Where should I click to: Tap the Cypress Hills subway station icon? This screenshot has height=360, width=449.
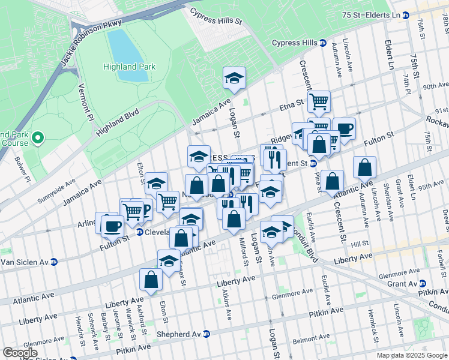tap(322, 43)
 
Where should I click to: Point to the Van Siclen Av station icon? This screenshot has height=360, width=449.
tap(53, 262)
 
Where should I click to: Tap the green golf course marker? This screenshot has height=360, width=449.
tap(37, 139)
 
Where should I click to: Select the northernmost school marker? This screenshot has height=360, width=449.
tap(234, 77)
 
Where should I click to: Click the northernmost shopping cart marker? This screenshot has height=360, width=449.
tap(319, 100)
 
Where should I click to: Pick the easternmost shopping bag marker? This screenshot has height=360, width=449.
tap(364, 167)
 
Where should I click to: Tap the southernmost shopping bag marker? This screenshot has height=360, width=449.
tap(151, 279)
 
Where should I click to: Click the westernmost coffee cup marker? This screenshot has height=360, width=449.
tap(112, 226)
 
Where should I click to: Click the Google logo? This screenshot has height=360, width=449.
tap(20, 352)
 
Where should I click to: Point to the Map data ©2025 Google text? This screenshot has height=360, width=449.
tap(412, 355)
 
